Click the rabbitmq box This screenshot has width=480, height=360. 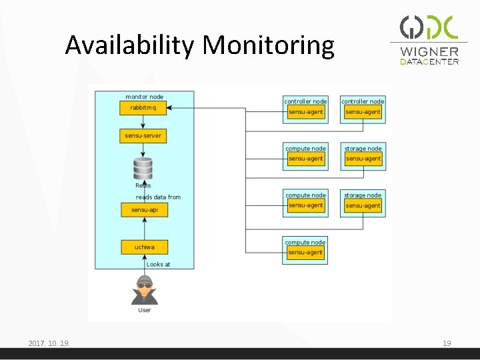(143, 108)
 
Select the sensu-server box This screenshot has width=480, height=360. (143, 136)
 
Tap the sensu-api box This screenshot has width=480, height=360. (144, 209)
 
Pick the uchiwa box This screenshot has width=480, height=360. (144, 247)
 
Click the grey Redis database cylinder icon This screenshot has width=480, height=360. (143, 168)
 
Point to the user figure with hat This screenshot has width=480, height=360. (144, 290)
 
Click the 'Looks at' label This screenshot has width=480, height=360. (158, 265)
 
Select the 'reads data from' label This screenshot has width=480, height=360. (158, 197)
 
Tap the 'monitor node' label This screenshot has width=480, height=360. (144, 97)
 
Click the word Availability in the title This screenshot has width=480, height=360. (131, 45)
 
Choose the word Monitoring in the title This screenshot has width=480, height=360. (268, 45)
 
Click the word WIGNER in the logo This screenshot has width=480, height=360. (429, 52)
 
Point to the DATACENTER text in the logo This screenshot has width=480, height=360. (429, 62)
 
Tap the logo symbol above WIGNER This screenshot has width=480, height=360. (429, 27)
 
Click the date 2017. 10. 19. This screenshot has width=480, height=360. (49, 343)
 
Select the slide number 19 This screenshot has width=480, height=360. (447, 343)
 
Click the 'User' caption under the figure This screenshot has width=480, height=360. (144, 310)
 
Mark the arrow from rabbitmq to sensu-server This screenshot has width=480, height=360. (143, 122)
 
